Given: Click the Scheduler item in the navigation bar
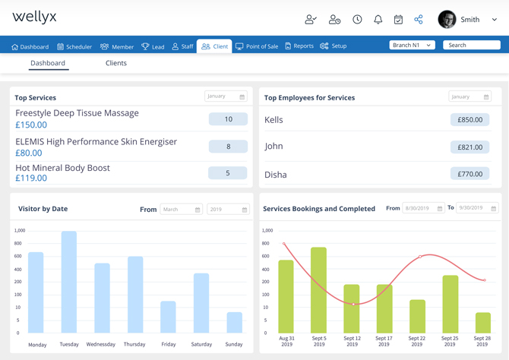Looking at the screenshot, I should point(74,46).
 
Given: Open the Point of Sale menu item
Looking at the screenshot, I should point(257,46).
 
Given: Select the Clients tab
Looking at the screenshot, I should point(116,63).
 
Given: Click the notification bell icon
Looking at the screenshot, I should point(378,19).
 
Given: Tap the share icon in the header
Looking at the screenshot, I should point(419,19).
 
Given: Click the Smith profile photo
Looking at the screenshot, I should point(447,20).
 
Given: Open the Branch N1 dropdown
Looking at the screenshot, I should point(412,46).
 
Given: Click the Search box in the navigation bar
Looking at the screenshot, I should point(471,46).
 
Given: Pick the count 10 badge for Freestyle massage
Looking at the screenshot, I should point(228,119).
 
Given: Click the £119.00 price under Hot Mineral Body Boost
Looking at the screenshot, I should point(31,178).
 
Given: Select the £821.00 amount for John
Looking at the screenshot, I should point(469,147).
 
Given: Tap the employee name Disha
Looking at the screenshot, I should point(276,175).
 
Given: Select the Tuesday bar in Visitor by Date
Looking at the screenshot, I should point(69,282).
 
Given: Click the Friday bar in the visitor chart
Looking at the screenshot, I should point(168,317).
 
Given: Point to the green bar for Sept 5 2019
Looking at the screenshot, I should point(318,290).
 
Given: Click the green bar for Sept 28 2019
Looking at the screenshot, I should point(483,322).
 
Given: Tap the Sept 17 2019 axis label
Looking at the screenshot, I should point(384,341).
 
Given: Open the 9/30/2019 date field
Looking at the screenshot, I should point(477,208).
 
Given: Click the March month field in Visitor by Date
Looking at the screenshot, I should point(181,210).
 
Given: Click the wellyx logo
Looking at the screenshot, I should point(35,17).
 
